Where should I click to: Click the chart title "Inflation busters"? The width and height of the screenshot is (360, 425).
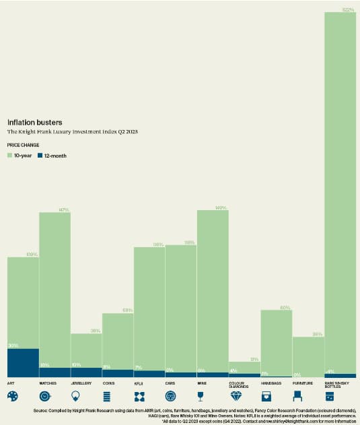[x=34, y=123]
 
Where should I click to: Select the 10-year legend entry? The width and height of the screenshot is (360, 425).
[x=20, y=156]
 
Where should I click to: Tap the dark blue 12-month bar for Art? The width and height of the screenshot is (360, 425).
[x=23, y=362]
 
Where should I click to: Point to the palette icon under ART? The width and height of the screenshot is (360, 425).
[x=13, y=396]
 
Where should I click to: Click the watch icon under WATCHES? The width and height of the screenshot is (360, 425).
[x=44, y=396]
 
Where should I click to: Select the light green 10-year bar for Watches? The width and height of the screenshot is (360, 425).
[x=55, y=290]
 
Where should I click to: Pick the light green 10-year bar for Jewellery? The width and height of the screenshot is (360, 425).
[x=86, y=350]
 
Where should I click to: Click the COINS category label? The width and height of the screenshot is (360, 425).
[x=108, y=383]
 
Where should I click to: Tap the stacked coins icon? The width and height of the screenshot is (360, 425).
[x=108, y=396]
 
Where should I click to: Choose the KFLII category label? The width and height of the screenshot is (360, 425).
[x=140, y=383]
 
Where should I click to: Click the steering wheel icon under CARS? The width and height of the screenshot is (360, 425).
[x=171, y=396]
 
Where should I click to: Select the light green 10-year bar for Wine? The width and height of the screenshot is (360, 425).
[x=213, y=290]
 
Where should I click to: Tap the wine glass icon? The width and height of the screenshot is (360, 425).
[x=203, y=396]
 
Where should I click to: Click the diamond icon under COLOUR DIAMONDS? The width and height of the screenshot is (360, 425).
[x=235, y=397]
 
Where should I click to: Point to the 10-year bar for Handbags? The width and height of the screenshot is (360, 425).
[x=276, y=340]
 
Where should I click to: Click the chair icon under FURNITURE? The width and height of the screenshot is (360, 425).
[x=298, y=396]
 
